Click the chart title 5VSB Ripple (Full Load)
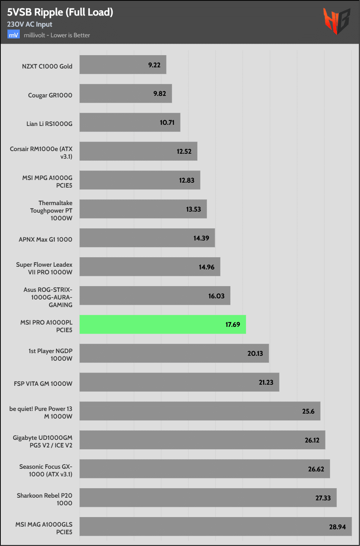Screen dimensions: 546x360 60,12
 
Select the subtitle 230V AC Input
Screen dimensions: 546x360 30,24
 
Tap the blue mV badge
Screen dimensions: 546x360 13,35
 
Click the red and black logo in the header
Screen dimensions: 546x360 336,21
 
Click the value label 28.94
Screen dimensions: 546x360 337,527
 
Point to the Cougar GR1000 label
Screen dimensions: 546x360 50,95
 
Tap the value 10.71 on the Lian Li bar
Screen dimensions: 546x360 167,123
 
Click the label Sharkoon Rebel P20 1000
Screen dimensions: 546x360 44,499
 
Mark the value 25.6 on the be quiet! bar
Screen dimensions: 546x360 308,411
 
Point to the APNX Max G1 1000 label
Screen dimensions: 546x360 46,239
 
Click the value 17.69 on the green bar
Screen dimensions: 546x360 233,325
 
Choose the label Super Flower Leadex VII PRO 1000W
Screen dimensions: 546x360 44,268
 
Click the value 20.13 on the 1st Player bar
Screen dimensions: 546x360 255,353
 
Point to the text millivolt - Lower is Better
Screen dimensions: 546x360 57,35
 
